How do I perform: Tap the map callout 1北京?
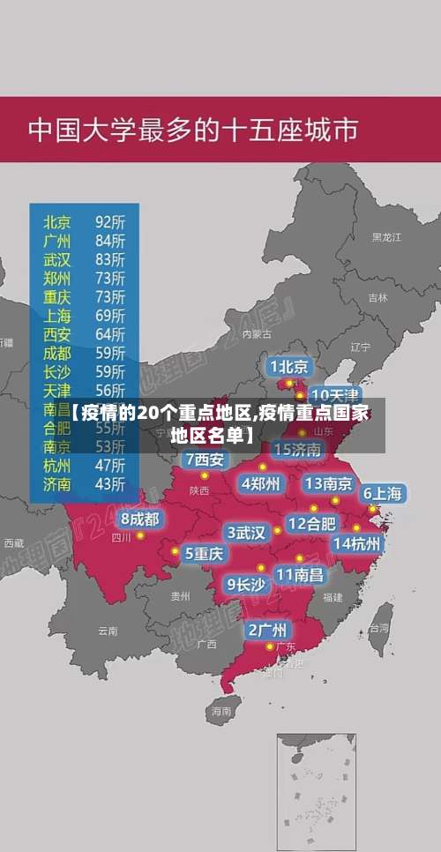tap(289, 366)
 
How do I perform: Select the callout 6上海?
tap(383, 494)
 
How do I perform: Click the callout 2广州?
tap(266, 630)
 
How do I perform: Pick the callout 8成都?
tap(140, 519)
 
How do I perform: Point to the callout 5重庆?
tap(204, 553)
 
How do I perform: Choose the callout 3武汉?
tap(246, 533)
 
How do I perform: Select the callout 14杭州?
tap(357, 543)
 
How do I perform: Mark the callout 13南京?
tap(329, 483)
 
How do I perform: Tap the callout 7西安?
tap(205, 460)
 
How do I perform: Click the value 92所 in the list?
tap(110, 220)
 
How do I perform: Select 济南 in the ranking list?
tap(57, 483)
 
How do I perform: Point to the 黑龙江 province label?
tap(386, 237)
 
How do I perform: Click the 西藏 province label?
tap(13, 542)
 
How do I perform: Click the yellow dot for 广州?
tap(270, 647)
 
